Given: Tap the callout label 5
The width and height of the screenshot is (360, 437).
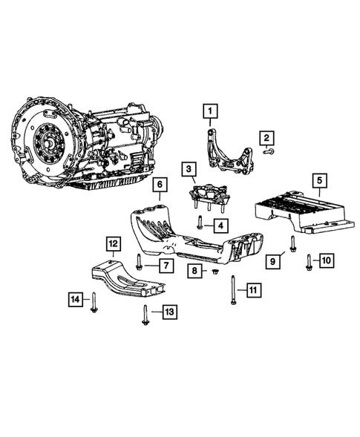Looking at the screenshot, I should [x=319, y=180].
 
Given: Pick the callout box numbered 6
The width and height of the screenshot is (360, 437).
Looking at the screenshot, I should [x=160, y=184].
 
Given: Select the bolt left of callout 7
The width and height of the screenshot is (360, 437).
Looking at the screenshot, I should [x=140, y=261].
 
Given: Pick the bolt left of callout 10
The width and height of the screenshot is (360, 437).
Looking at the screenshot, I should [x=308, y=260].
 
